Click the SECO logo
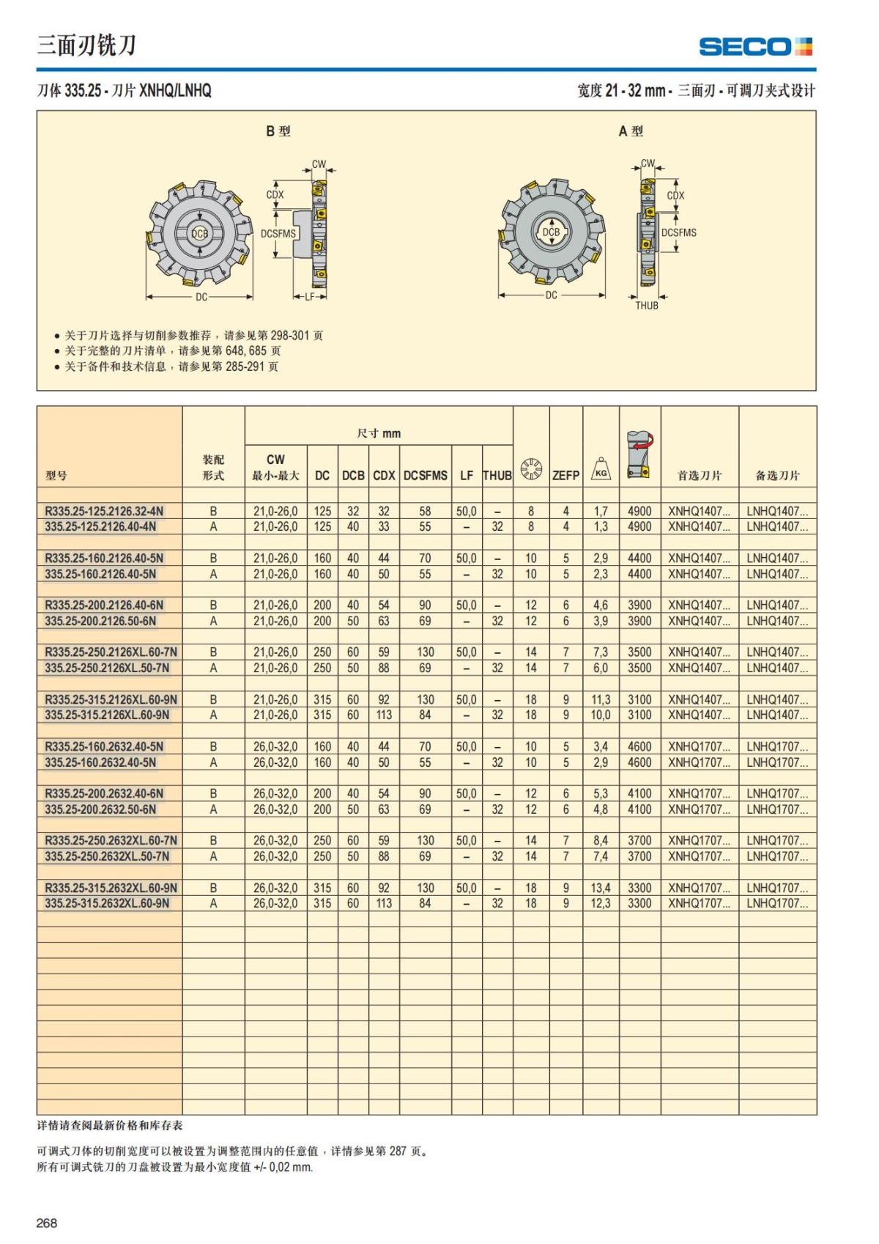point(755,47)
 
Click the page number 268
point(47,1223)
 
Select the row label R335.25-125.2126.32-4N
point(104,511)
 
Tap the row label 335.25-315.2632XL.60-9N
point(107,903)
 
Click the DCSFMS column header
point(425,475)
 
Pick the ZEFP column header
point(565,475)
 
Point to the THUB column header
point(497,475)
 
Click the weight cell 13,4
point(601,888)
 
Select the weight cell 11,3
point(601,699)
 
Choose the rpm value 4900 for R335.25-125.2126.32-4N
point(639,511)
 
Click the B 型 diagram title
point(278,131)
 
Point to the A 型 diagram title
point(630,131)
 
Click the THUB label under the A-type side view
point(646,306)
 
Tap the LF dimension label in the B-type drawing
point(309,297)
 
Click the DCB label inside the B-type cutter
point(200,233)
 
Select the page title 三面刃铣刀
point(86,45)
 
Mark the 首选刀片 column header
point(699,475)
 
